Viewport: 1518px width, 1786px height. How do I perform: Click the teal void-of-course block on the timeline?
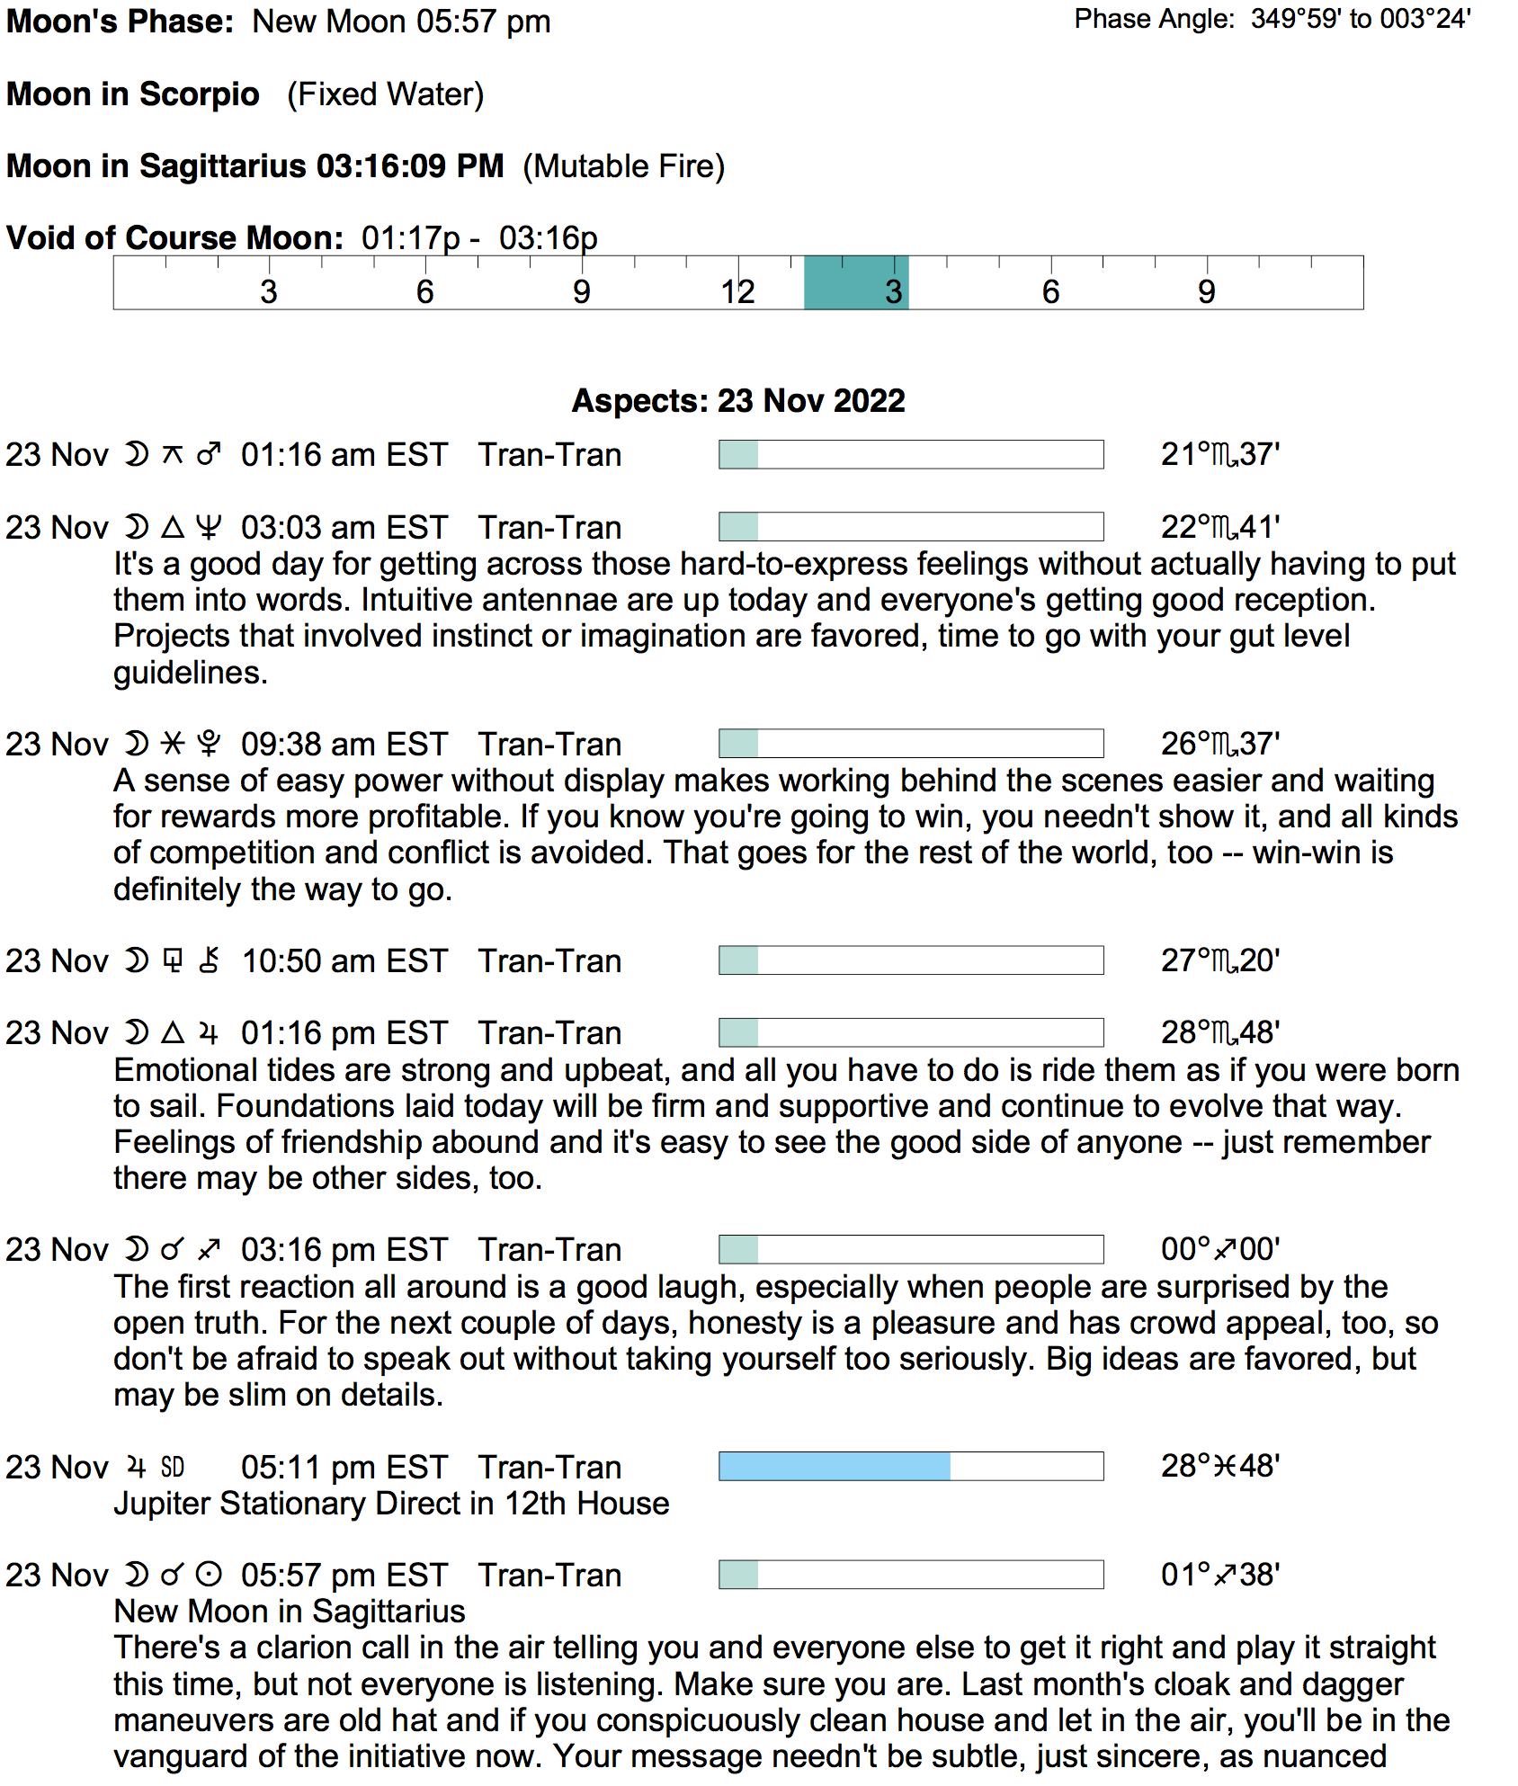[855, 282]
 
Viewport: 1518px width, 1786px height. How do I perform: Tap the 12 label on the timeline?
[737, 292]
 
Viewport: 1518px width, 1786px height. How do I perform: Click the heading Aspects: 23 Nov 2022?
[738, 401]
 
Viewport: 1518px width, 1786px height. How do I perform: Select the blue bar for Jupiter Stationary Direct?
[835, 1467]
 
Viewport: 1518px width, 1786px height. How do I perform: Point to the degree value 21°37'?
[1219, 455]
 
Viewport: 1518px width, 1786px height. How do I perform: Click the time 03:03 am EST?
[344, 528]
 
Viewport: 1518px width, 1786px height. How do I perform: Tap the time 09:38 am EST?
[344, 745]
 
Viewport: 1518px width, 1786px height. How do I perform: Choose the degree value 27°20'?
[1219, 961]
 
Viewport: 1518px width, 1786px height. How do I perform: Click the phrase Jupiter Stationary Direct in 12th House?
[391, 1504]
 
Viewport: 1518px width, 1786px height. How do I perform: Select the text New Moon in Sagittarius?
[290, 1612]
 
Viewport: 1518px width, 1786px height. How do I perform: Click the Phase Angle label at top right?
[1154, 20]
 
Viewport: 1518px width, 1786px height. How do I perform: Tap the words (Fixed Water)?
[385, 94]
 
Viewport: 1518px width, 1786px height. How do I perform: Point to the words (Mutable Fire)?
[623, 166]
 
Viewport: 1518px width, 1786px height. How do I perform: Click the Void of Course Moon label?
[174, 238]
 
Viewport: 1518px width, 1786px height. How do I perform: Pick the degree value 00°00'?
[1219, 1250]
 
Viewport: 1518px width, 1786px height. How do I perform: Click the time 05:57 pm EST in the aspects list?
[344, 1576]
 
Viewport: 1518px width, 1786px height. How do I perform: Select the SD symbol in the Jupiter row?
[173, 1468]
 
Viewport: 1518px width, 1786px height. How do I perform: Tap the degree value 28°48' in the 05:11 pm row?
[1219, 1467]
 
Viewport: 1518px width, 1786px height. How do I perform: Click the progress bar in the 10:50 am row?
[911, 960]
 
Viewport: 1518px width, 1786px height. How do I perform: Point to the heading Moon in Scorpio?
[133, 94]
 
